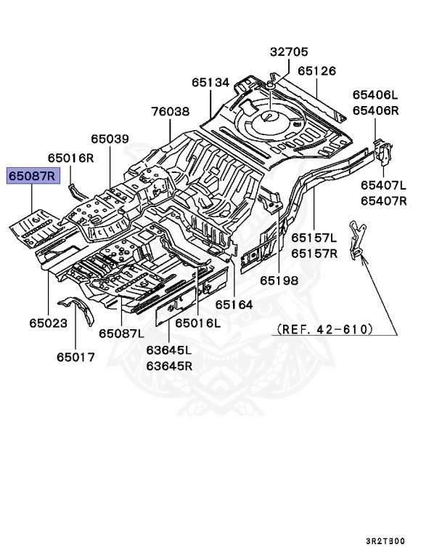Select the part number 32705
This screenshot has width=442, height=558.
289,52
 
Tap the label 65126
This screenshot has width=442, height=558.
316,71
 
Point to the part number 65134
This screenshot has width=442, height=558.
211,83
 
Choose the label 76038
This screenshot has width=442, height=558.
170,113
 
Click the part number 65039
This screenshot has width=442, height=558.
110,139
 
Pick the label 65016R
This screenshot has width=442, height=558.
71,158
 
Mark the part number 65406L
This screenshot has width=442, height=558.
376,95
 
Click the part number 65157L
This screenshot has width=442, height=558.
314,238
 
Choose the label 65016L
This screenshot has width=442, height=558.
197,323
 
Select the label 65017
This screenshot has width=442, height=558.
75,357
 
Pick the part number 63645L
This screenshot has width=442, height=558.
169,351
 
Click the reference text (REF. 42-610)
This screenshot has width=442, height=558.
324,329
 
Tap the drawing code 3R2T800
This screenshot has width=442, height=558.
385,541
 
